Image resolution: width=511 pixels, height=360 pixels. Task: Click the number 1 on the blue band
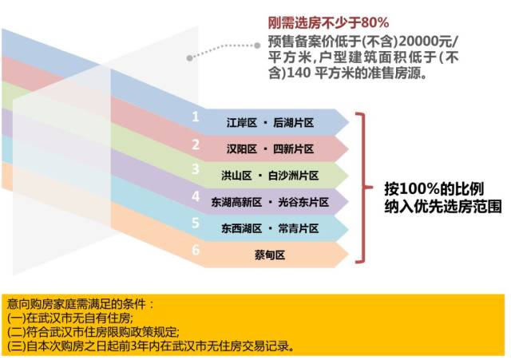(195, 117)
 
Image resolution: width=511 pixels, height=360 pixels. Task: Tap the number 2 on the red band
(196, 144)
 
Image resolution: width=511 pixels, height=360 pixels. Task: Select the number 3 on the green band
(196, 168)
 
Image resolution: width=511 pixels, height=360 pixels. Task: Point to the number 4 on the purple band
(196, 196)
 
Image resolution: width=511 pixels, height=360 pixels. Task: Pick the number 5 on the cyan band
(196, 223)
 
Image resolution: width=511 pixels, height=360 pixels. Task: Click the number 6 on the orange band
(196, 250)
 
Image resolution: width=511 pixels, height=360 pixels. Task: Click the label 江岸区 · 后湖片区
(270, 122)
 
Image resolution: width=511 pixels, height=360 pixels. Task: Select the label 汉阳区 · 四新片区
(270, 149)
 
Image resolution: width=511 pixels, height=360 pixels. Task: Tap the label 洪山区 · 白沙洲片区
(270, 176)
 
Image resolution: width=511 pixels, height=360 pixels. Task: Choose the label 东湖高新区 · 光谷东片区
(270, 202)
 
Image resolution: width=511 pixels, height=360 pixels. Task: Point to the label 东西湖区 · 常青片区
(270, 228)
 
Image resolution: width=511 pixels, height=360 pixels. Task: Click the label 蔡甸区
(270, 255)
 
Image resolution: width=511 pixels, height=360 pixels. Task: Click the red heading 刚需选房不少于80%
(328, 22)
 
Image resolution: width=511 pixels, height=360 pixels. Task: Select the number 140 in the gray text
(299, 73)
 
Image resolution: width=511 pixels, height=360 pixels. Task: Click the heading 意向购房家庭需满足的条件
(76, 304)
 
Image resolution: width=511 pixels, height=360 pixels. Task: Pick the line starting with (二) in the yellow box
(93, 331)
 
